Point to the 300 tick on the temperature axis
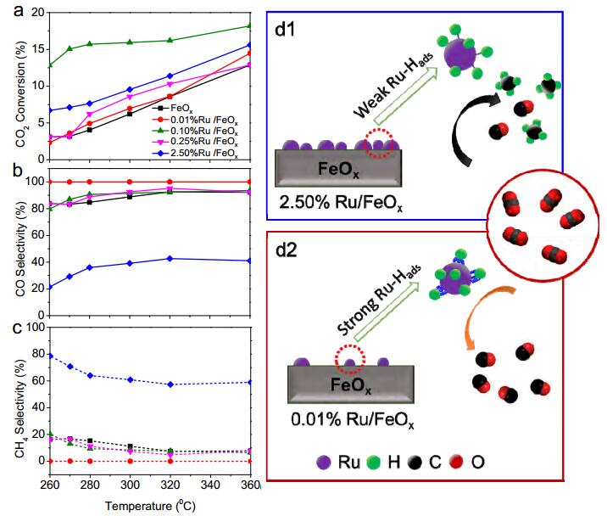pos(130,485)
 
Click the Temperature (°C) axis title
pos(150,506)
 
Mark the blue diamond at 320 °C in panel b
pos(170,259)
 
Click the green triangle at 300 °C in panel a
pos(130,42)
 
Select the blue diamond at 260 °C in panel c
pos(50,356)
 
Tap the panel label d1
pos(285,29)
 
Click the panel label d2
pos(287,250)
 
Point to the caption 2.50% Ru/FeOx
pos(341,203)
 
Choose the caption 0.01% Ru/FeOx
pos(353,420)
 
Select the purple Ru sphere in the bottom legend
pos(324,463)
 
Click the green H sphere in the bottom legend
pos(373,463)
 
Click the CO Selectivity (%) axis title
pos(20,250)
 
